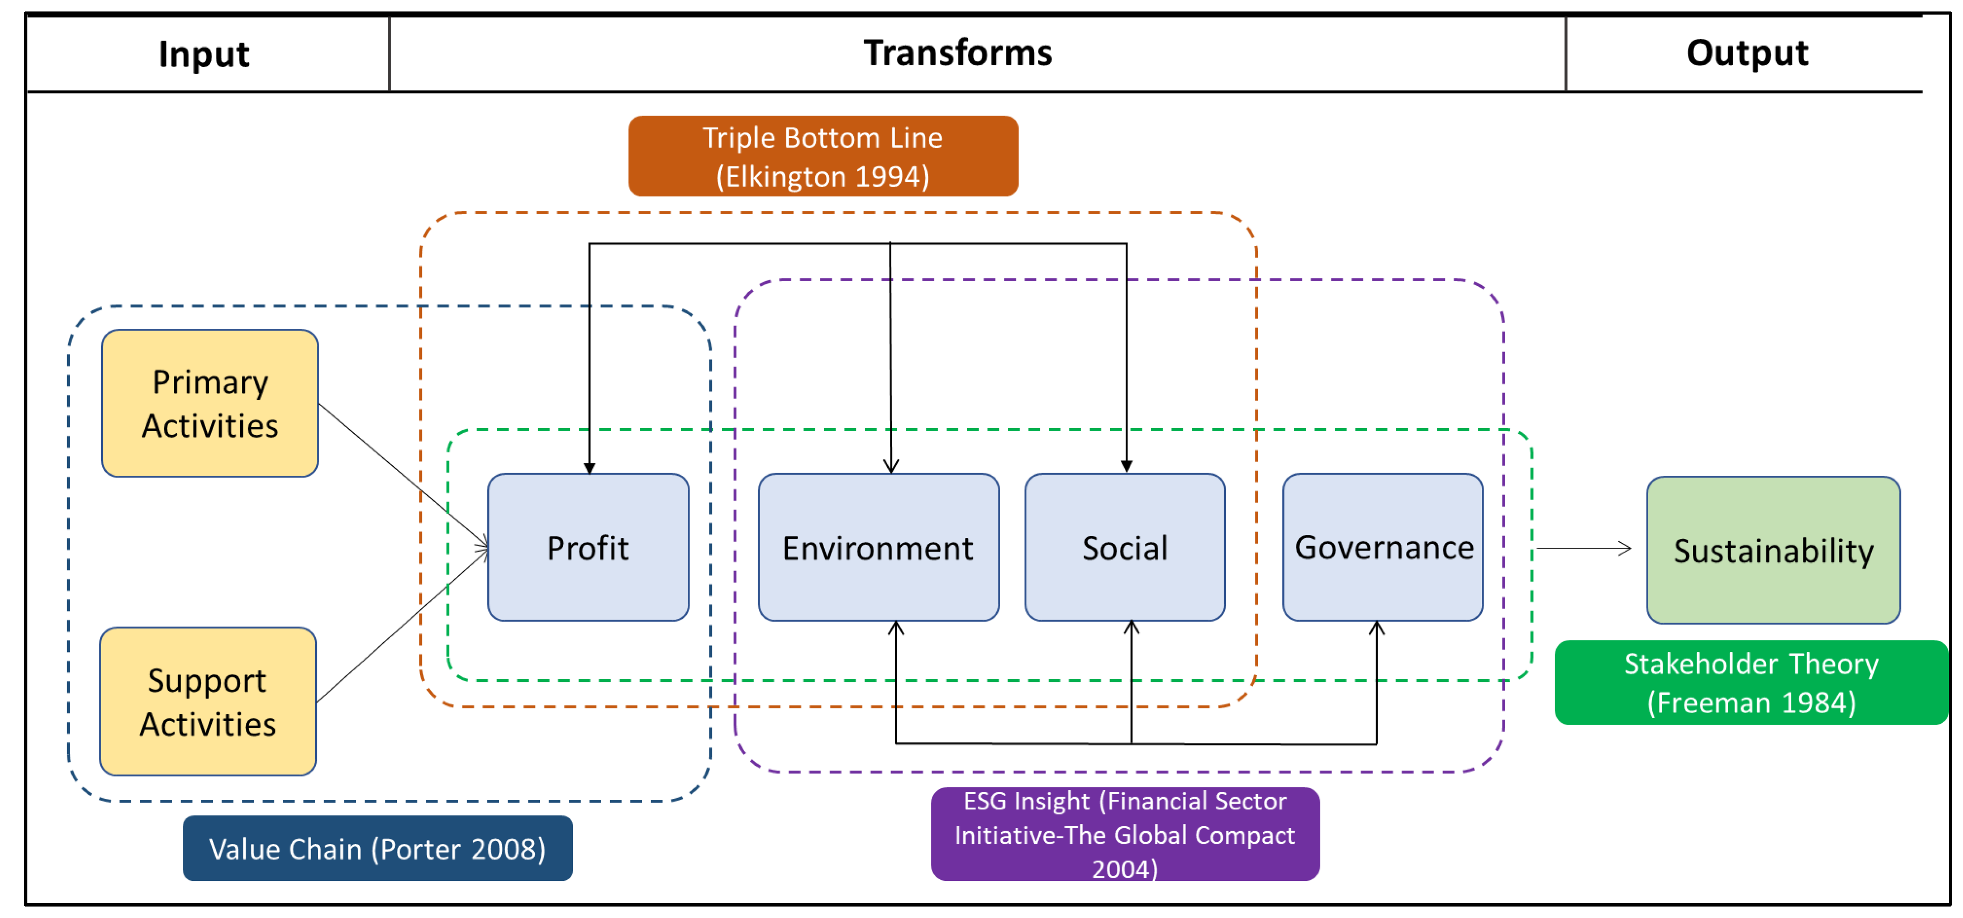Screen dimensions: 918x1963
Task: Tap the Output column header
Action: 1747,53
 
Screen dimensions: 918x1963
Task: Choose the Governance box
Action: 1383,547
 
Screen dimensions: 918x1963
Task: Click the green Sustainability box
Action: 1773,550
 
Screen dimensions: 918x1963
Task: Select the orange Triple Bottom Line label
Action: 823,156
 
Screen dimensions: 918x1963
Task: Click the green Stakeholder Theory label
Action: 1751,683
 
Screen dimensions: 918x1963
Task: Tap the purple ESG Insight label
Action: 1125,834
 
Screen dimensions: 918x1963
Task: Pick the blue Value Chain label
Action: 377,849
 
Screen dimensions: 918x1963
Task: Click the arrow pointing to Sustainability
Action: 1583,548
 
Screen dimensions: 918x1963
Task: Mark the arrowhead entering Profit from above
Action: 589,467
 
